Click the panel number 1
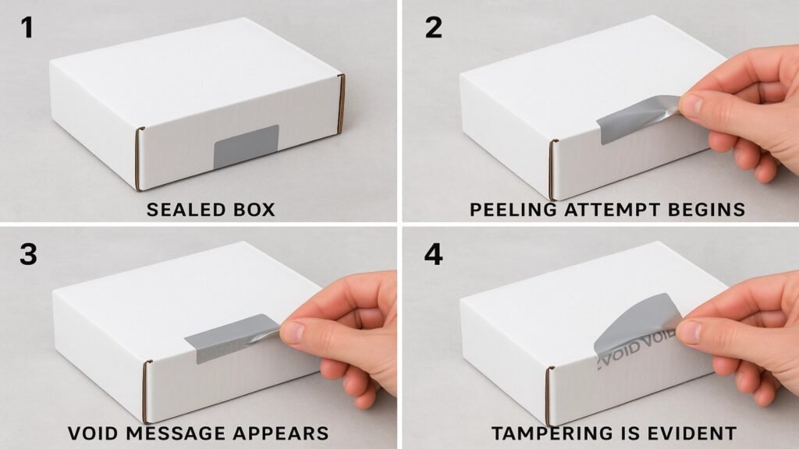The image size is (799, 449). [x=27, y=27]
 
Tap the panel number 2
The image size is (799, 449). [x=433, y=27]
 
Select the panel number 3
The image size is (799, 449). [x=29, y=254]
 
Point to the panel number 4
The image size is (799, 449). [x=433, y=254]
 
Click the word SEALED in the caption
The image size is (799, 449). [x=186, y=210]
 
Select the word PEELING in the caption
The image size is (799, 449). [x=513, y=210]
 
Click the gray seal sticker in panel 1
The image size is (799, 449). [x=246, y=147]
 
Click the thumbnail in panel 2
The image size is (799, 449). [x=691, y=104]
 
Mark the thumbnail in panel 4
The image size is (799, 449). [x=689, y=331]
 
